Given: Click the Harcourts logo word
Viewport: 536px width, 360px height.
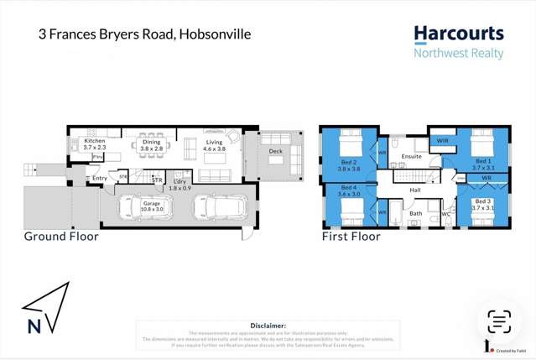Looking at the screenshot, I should [459, 34].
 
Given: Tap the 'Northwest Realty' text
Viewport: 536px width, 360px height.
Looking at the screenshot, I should [459, 54].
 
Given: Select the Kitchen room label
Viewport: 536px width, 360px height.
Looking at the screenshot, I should [94, 142].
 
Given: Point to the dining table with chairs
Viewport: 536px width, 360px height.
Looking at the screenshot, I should [152, 154].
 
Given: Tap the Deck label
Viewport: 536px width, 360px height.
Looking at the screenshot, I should [275, 151].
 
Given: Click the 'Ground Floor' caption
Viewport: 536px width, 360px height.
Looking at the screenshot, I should [61, 237].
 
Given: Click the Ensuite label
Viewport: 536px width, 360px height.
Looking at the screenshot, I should [411, 156].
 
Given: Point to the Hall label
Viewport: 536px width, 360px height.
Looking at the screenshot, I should [414, 190].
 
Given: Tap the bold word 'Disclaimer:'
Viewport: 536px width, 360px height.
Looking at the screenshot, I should [268, 325].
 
